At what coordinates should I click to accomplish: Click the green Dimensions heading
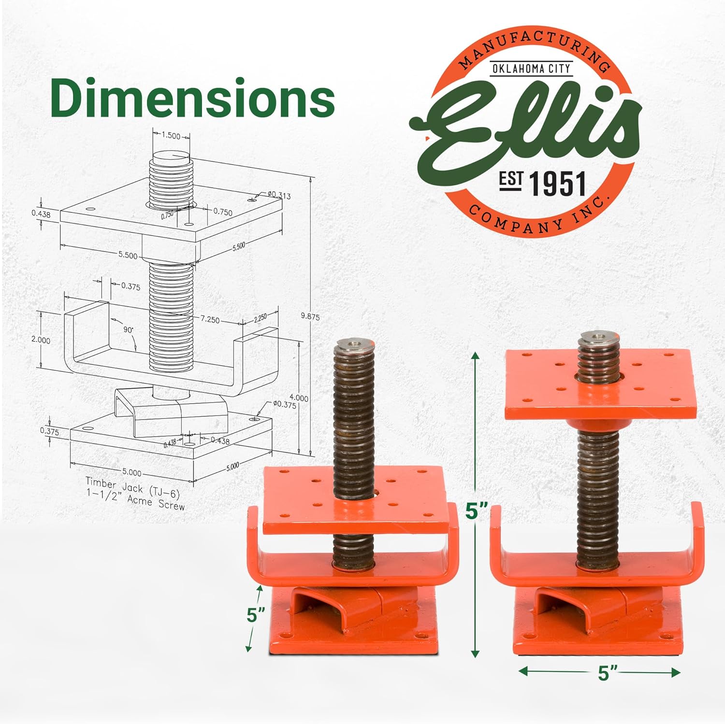[192, 99]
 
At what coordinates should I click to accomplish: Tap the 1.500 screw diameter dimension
[171, 136]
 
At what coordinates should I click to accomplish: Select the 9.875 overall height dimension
[310, 317]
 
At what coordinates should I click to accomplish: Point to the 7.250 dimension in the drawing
[210, 319]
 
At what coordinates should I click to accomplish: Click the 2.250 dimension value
[260, 317]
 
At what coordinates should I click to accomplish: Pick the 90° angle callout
[128, 329]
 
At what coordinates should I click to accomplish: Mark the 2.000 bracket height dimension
[41, 340]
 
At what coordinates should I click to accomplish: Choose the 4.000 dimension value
[299, 398]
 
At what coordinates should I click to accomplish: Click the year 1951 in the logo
[557, 184]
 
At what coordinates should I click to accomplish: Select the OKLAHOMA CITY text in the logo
[531, 69]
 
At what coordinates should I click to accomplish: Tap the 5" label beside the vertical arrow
[477, 511]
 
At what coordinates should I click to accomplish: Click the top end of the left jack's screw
[353, 343]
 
